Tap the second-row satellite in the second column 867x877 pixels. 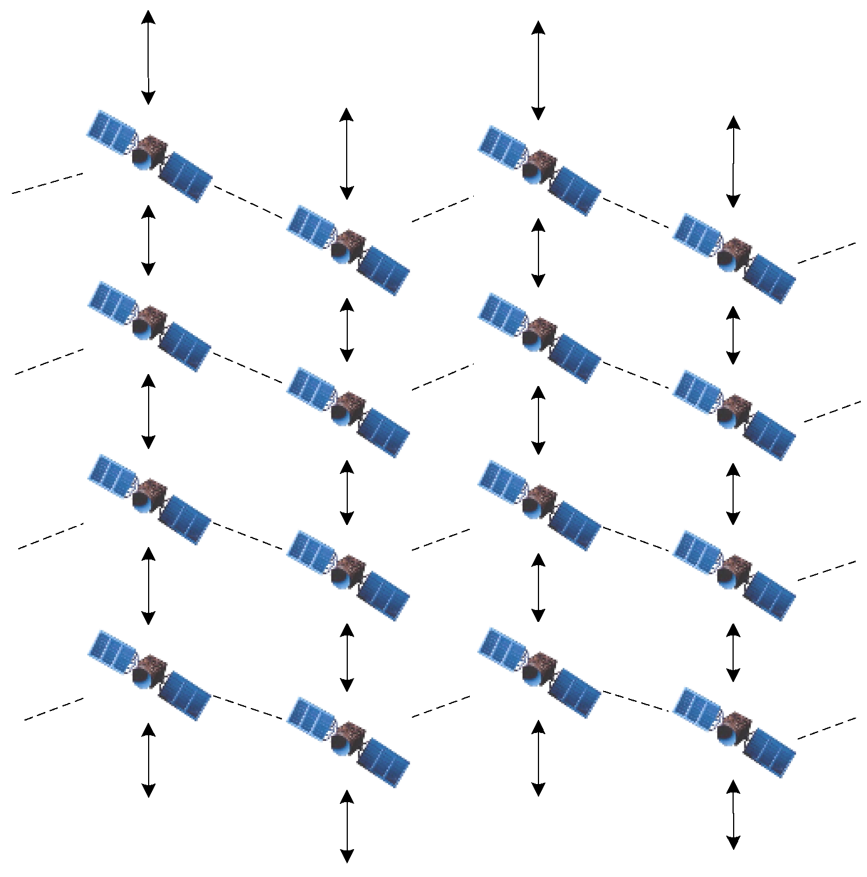348,411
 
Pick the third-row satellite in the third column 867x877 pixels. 539,505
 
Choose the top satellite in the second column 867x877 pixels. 348,249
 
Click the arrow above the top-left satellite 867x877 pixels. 148,57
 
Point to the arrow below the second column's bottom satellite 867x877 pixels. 347,827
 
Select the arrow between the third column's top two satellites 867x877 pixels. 538,252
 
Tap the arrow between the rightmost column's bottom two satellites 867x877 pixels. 734,652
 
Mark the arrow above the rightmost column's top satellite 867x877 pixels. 734,162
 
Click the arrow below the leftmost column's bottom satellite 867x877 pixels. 148,760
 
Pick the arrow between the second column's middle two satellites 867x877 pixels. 347,492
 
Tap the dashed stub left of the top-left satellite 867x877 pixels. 48,183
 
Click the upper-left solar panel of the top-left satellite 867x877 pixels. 112,132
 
